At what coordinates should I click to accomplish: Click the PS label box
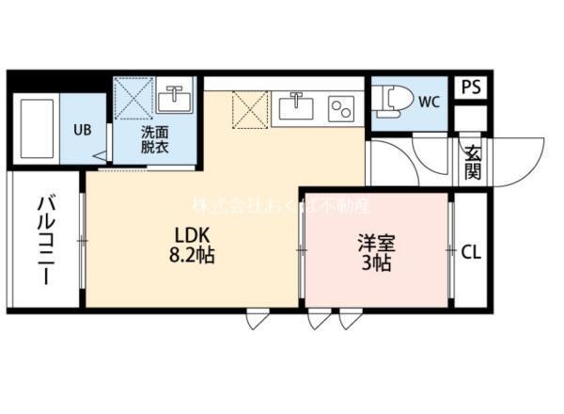472,87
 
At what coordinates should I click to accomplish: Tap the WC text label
430,100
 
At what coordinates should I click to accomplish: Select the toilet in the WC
390,100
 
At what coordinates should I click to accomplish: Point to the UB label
82,130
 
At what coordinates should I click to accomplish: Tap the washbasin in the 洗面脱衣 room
175,97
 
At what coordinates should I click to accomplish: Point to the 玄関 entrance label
472,162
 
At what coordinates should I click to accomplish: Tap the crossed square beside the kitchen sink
249,109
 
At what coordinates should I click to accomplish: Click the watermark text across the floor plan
281,205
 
